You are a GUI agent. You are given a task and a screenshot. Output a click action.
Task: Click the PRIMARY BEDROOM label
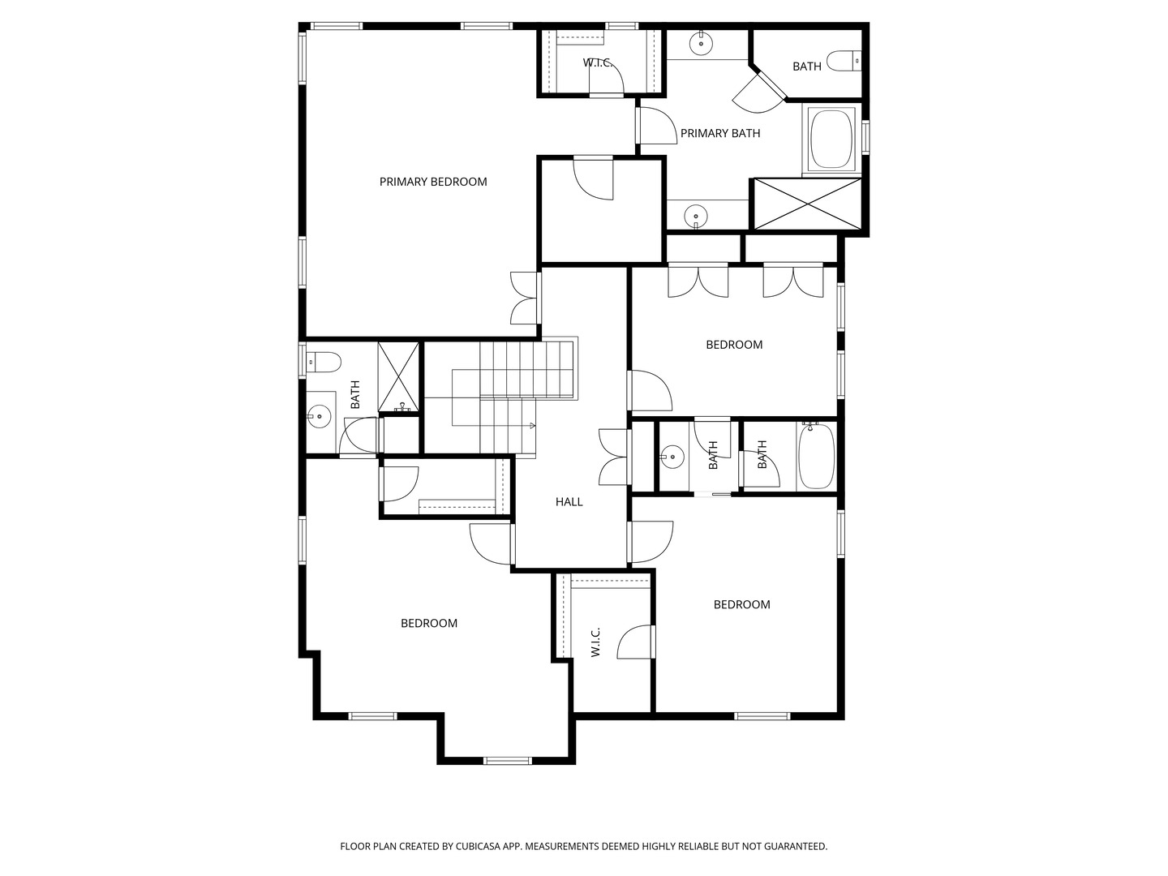[x=433, y=182]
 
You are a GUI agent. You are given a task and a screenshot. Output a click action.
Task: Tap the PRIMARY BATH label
[x=720, y=134]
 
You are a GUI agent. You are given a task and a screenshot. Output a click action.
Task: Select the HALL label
[x=569, y=501]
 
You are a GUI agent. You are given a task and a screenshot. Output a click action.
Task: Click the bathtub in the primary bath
[x=831, y=139]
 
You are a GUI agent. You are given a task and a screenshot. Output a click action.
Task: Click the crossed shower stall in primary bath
[x=808, y=204]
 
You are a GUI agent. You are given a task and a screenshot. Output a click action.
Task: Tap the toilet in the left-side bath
[x=324, y=363]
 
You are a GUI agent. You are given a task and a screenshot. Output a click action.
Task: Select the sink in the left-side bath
[x=320, y=415]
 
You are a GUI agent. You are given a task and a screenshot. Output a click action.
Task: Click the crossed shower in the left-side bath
[x=398, y=376]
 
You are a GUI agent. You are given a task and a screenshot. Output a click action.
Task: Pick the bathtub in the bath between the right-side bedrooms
[x=817, y=456]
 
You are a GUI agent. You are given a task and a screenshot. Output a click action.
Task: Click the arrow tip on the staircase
[x=535, y=426]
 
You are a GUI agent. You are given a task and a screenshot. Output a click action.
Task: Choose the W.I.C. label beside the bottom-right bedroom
[x=595, y=642]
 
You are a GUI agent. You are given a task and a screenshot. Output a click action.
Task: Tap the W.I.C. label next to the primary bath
[x=598, y=62]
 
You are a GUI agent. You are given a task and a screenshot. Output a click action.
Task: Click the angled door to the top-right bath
[x=758, y=93]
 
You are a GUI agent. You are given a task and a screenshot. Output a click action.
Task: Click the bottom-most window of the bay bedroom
[x=507, y=761]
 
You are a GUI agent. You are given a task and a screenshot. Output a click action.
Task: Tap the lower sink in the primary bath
[x=695, y=217]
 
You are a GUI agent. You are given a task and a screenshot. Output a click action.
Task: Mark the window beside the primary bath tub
[x=865, y=137]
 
